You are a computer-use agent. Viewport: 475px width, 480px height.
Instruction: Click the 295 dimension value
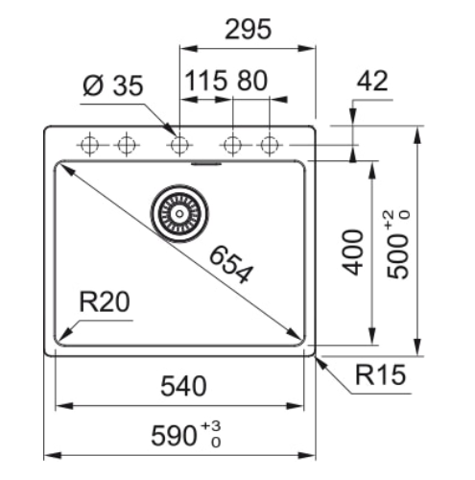tap(248, 29)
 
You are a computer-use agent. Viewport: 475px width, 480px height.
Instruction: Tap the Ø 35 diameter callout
tap(112, 85)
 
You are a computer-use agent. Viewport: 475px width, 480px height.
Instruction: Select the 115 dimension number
tap(205, 81)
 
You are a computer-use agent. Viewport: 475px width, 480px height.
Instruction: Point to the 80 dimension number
tap(252, 81)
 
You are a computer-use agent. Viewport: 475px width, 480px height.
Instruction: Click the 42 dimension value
tap(372, 81)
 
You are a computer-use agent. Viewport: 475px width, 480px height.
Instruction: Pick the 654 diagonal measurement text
tap(231, 264)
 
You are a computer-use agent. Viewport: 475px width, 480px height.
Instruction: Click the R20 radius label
tap(105, 301)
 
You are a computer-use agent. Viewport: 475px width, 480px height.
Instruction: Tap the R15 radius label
tap(380, 374)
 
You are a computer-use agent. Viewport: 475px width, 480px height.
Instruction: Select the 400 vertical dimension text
tap(353, 252)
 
